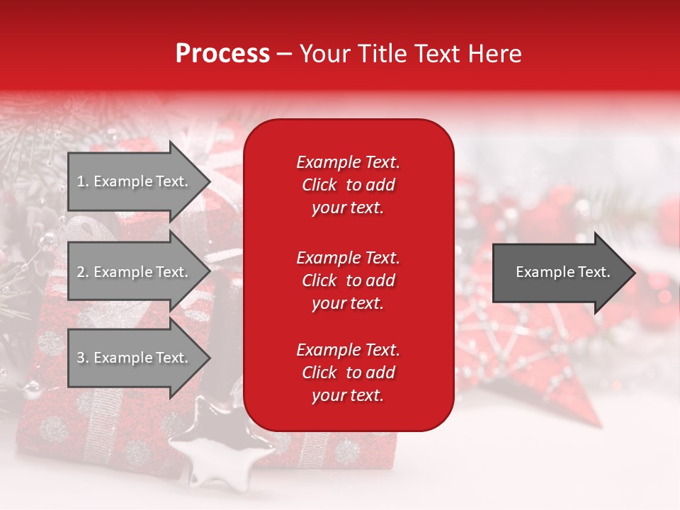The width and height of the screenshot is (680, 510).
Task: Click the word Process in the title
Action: (x=222, y=54)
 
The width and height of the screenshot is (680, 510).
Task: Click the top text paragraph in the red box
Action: (x=348, y=185)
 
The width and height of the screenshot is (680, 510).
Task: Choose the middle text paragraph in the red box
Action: (x=348, y=280)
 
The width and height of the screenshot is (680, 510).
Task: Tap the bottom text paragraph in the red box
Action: (x=348, y=373)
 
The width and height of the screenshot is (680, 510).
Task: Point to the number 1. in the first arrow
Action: (x=83, y=181)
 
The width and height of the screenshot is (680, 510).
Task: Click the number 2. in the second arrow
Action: (x=83, y=272)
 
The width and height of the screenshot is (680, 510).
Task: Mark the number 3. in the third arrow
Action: (x=83, y=358)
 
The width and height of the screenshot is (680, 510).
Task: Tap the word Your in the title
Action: (x=324, y=54)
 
